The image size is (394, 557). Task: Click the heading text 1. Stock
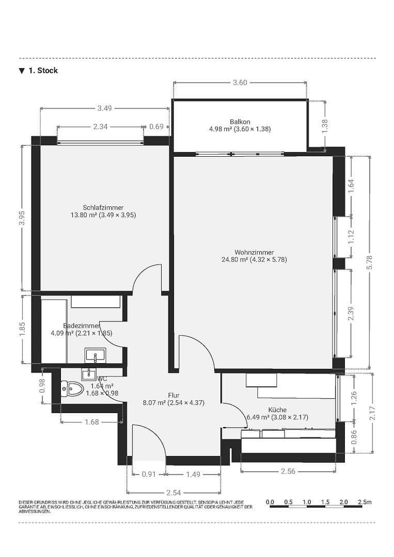(x=43, y=71)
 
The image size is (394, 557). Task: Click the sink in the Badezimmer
(x=95, y=355)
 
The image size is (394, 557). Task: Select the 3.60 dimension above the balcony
(x=240, y=83)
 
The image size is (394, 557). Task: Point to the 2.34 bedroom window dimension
(x=100, y=126)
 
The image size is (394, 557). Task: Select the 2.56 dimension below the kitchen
(x=288, y=471)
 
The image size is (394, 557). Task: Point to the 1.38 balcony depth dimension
(x=325, y=126)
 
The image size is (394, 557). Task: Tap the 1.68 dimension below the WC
(x=91, y=422)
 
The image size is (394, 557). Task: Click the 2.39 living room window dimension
(x=351, y=313)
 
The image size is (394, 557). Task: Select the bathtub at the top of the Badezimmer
(x=96, y=301)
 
